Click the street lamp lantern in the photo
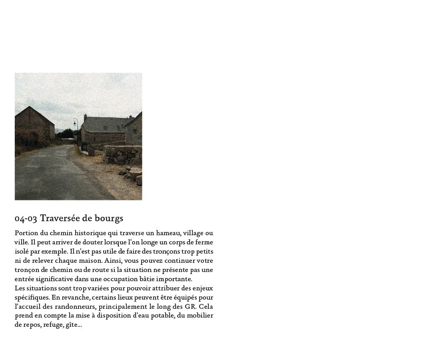(x=75, y=123)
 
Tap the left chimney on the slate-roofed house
(x=85, y=117)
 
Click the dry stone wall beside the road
(x=122, y=155)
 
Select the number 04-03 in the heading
(x=26, y=219)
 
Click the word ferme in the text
(x=204, y=242)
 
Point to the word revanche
(x=75, y=298)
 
